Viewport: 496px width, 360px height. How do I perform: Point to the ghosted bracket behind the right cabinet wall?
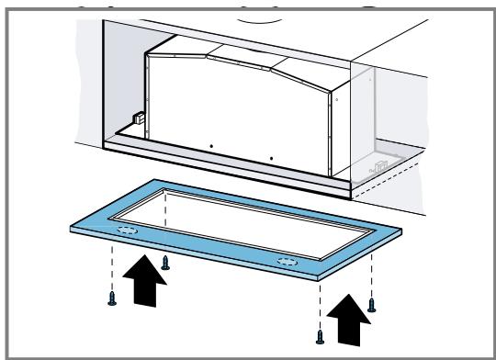pos(378,169)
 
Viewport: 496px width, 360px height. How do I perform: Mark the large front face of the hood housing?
pos(239,110)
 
